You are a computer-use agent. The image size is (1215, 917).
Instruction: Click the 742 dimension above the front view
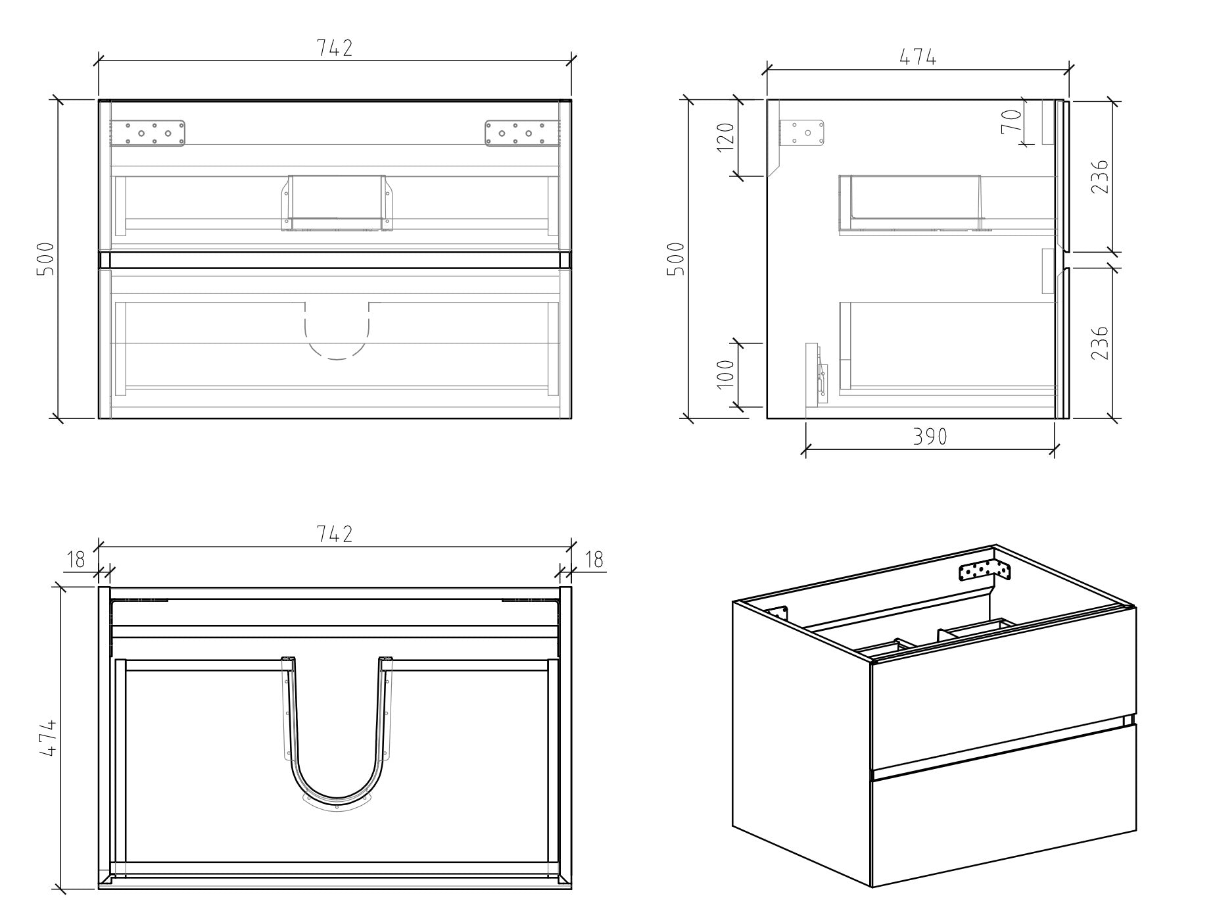pos(335,49)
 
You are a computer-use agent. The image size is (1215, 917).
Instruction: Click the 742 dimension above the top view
pos(335,534)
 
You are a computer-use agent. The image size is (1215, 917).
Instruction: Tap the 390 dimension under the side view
pos(930,436)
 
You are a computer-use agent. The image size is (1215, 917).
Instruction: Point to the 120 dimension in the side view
pos(726,137)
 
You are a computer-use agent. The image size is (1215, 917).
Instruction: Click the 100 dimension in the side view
pos(726,374)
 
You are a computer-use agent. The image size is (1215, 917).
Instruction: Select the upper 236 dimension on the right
pos(1099,176)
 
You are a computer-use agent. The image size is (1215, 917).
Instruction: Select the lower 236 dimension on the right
pos(1099,343)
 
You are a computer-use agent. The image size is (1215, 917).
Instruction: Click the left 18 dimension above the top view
pos(76,560)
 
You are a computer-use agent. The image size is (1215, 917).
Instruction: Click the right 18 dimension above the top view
pos(593,560)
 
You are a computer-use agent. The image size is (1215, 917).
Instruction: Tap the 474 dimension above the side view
pos(918,58)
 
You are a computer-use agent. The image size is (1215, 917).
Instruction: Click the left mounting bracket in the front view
pos(148,133)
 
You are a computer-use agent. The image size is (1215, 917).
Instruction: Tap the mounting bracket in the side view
pos(802,133)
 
